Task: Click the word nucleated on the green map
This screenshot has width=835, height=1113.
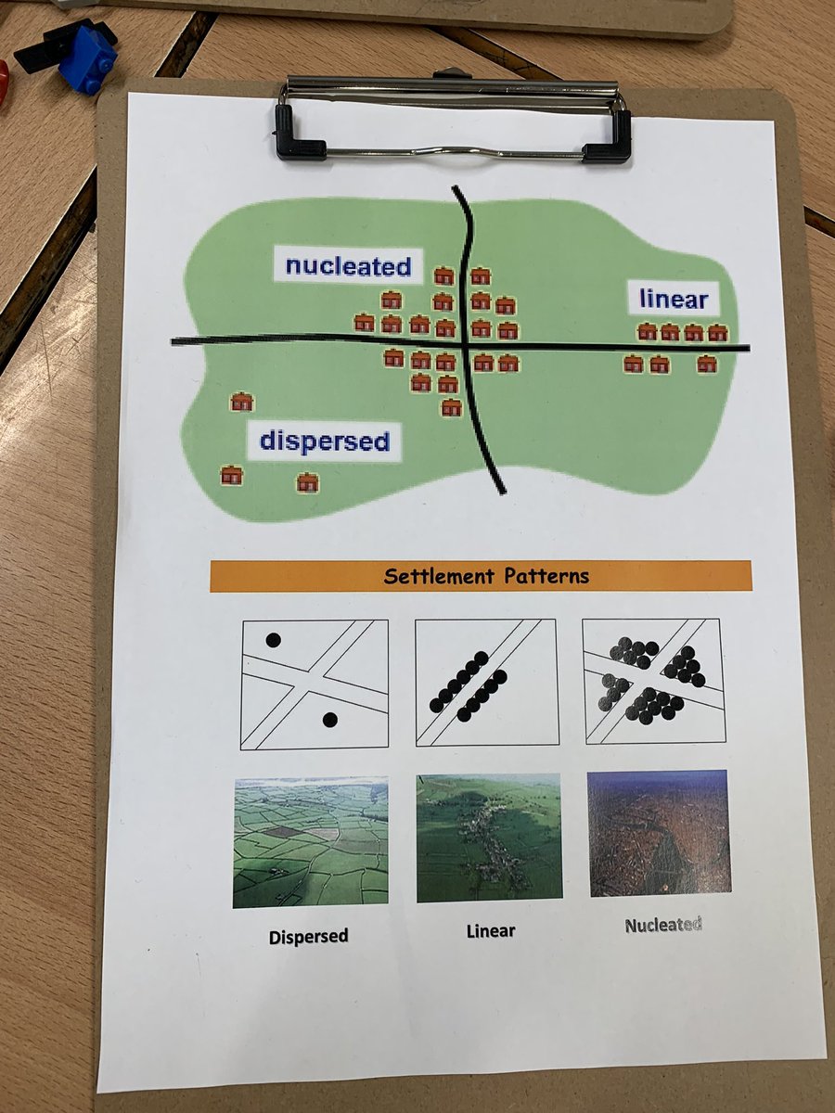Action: pyautogui.click(x=348, y=266)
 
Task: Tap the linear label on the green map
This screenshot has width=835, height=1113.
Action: pyautogui.click(x=674, y=300)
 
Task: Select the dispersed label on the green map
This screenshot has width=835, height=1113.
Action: pyautogui.click(x=324, y=441)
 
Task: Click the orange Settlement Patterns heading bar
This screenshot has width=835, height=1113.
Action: pyautogui.click(x=481, y=576)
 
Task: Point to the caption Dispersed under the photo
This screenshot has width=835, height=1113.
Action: pyautogui.click(x=309, y=936)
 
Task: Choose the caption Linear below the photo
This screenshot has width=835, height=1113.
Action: pyautogui.click(x=490, y=930)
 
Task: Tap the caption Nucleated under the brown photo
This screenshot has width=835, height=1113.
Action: pyautogui.click(x=662, y=925)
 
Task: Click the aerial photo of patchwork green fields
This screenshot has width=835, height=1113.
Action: pyautogui.click(x=310, y=842)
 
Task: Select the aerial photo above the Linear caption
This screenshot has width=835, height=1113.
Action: pyautogui.click(x=489, y=838)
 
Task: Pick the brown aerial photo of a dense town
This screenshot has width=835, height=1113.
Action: pyautogui.click(x=659, y=833)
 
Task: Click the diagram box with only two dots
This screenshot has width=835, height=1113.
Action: pyautogui.click(x=315, y=684)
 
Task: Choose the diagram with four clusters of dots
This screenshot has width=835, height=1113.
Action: pyautogui.click(x=653, y=681)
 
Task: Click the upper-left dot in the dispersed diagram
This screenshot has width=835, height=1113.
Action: pyautogui.click(x=273, y=639)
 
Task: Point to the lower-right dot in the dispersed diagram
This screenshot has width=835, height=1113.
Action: pyautogui.click(x=329, y=720)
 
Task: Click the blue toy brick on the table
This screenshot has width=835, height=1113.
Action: pyautogui.click(x=86, y=58)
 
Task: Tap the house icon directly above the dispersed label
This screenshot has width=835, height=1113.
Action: pyautogui.click(x=242, y=402)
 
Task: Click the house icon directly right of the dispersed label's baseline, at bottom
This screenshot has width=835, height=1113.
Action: pyautogui.click(x=307, y=482)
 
